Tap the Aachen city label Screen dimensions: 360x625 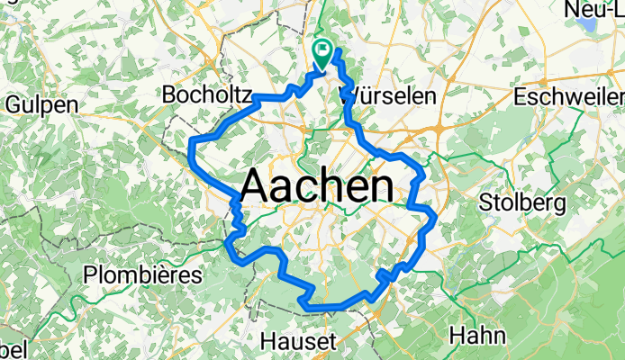pos(317,187)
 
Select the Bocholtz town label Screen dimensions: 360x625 pos(206,94)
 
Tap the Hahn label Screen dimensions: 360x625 pos(476,336)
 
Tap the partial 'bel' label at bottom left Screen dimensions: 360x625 pos(14,350)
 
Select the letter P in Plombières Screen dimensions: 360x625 pos(88,274)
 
